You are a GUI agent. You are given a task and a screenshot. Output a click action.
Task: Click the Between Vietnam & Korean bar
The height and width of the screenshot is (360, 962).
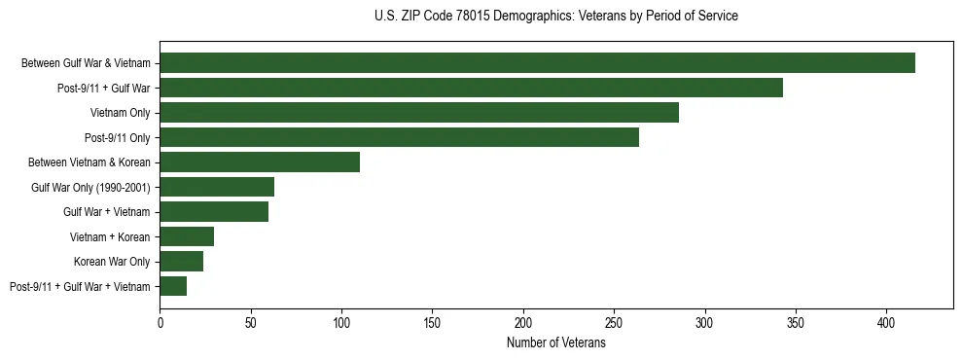(x=260, y=162)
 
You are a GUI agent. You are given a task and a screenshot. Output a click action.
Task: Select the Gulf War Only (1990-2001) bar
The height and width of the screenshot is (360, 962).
(x=217, y=187)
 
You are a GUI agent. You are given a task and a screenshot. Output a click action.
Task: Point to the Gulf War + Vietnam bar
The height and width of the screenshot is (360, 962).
(x=214, y=212)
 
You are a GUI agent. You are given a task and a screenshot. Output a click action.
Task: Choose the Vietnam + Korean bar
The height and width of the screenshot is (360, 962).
(x=187, y=236)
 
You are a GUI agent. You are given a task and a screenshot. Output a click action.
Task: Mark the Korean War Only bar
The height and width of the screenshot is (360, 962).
(x=182, y=261)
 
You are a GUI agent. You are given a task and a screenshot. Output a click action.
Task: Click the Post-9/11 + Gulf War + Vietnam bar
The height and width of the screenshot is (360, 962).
(x=173, y=286)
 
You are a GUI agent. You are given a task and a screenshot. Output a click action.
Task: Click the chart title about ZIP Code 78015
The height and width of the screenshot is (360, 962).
(x=555, y=17)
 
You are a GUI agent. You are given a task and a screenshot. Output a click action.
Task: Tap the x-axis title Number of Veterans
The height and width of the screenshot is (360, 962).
(x=555, y=343)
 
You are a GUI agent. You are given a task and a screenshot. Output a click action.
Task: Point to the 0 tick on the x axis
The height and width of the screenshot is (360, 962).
(x=160, y=320)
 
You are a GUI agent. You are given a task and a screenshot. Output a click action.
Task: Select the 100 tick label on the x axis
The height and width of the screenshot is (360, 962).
(x=341, y=320)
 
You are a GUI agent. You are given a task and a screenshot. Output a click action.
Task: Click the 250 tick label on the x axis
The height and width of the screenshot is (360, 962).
(x=614, y=320)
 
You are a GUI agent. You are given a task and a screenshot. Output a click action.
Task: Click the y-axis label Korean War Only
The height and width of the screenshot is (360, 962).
(x=112, y=262)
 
